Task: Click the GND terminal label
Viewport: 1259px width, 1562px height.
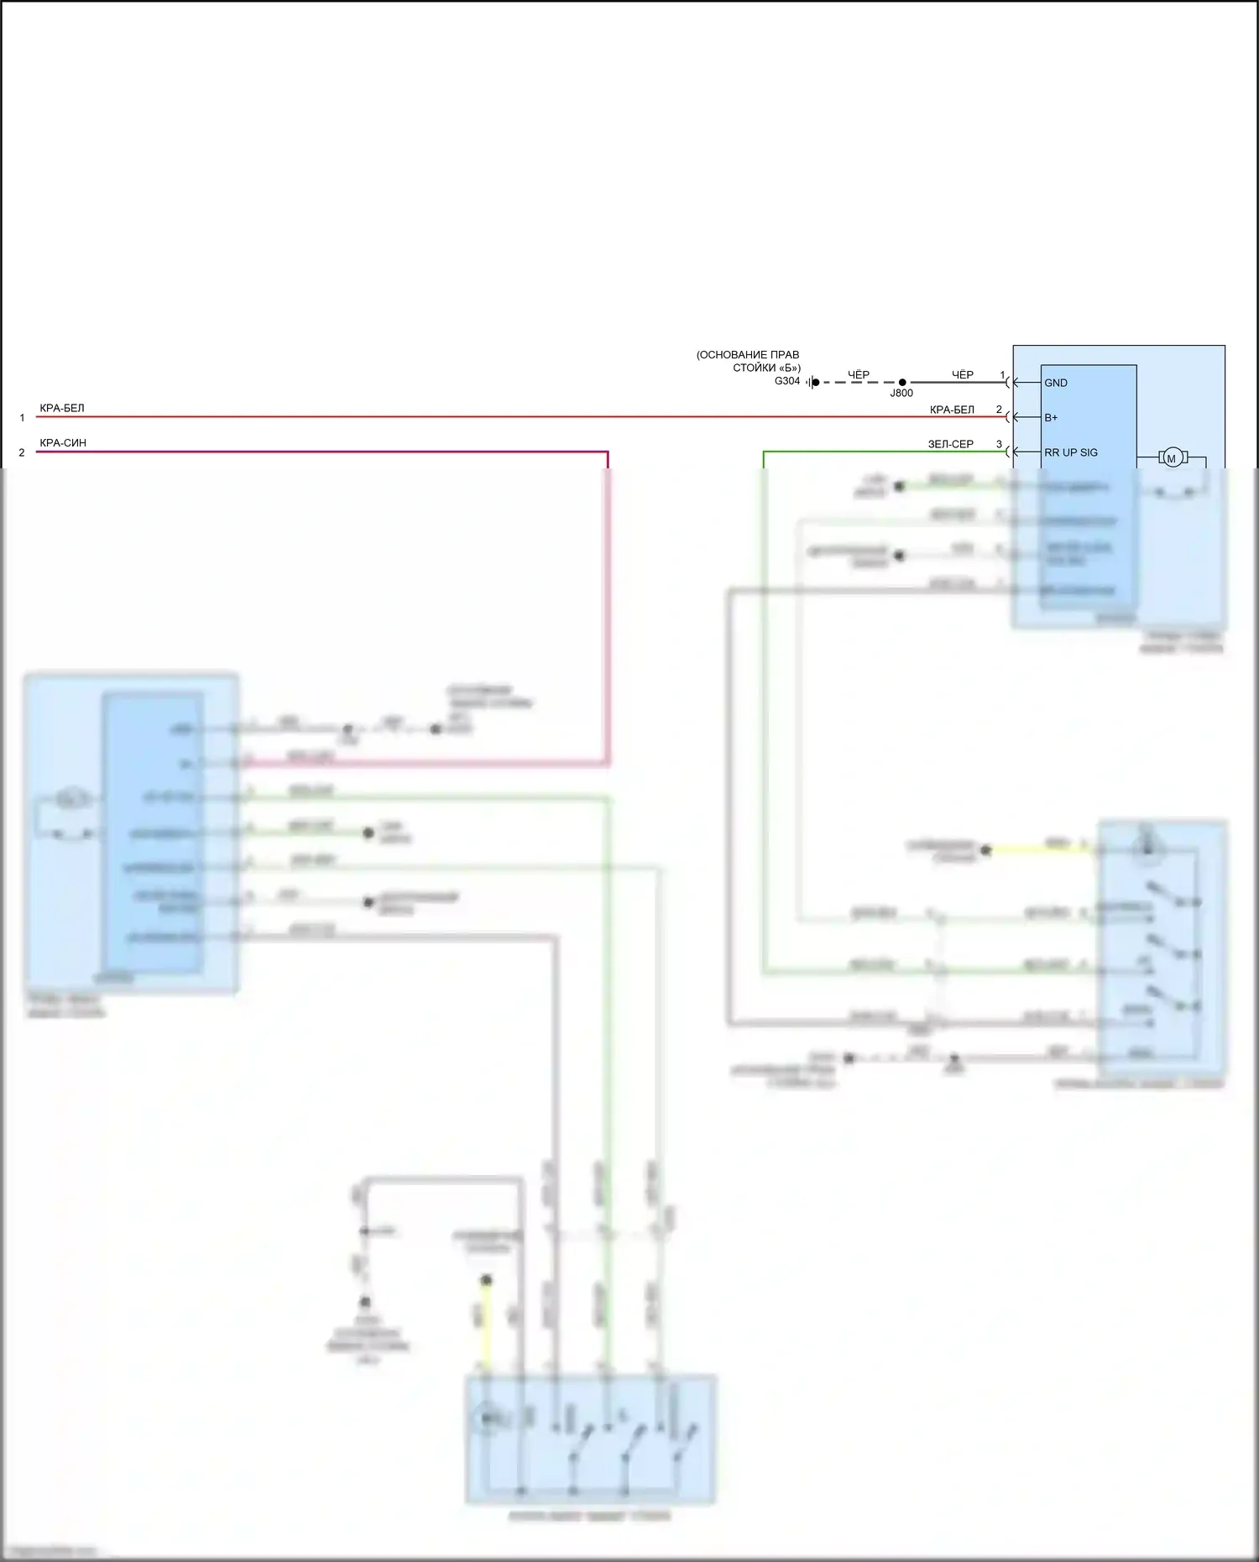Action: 1055,383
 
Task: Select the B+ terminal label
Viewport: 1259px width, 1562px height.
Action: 1050,418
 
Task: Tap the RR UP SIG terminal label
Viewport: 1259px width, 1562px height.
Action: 1070,452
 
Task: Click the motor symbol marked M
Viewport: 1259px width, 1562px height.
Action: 1172,457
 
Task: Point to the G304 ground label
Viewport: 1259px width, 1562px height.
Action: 786,381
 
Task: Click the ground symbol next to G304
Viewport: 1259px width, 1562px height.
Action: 812,383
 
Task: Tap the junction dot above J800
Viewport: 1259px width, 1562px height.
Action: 902,383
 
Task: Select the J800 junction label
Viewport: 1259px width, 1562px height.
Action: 901,394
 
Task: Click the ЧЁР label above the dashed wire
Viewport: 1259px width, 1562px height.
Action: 858,374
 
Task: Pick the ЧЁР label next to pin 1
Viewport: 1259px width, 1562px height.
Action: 962,374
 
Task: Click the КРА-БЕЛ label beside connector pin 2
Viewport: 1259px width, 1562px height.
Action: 952,410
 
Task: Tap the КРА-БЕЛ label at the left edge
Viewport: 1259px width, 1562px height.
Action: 62,409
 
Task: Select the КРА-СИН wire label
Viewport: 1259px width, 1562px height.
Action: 63,443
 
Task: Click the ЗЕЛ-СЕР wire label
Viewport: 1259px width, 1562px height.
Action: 950,444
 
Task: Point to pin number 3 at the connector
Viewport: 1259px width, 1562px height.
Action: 999,444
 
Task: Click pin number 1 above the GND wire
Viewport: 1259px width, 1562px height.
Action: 1002,374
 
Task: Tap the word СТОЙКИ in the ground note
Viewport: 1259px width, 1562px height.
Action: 754,368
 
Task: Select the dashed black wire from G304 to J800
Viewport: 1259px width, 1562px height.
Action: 858,383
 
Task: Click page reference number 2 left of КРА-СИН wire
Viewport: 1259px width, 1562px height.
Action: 22,452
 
